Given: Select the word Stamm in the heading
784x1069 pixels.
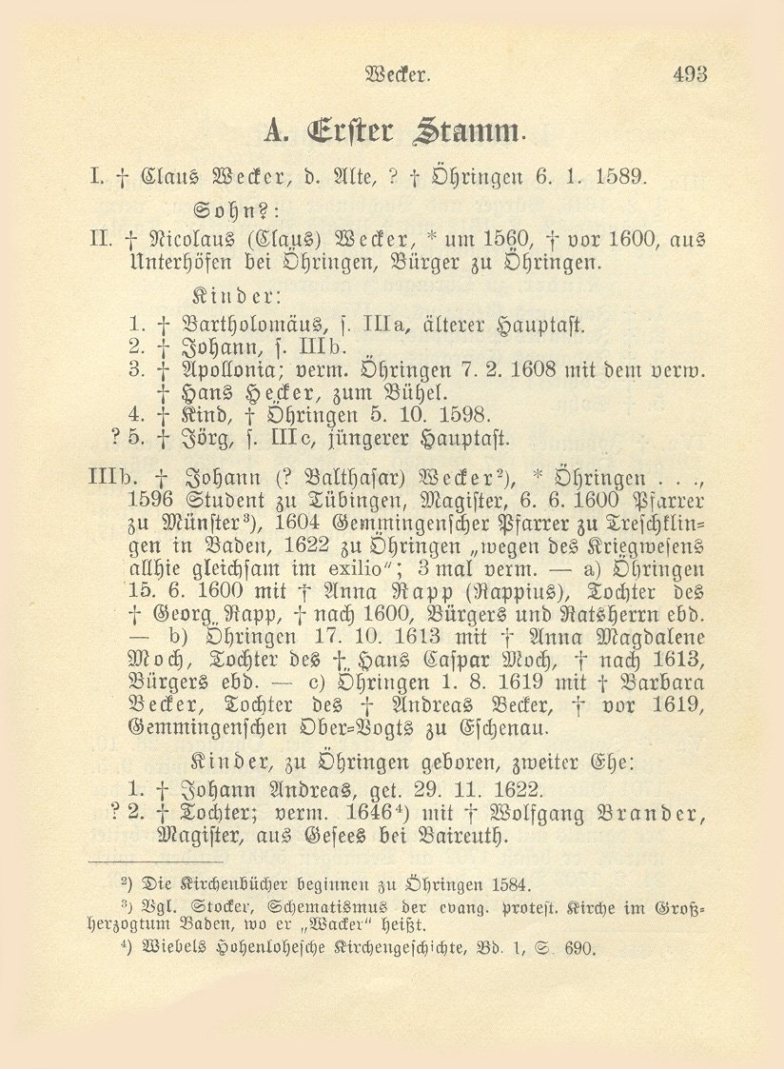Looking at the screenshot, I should point(464,129).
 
